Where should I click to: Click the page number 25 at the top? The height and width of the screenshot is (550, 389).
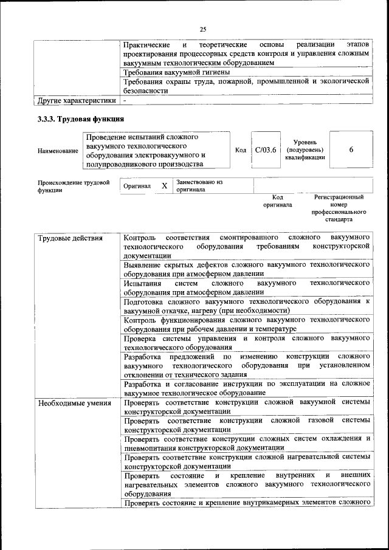(x=203, y=29)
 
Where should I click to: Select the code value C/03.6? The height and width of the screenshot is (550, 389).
(x=266, y=150)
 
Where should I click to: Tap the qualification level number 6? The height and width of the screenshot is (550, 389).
(x=351, y=150)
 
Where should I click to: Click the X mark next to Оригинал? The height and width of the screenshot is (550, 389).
(x=164, y=185)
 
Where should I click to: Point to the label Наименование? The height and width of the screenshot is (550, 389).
(x=58, y=150)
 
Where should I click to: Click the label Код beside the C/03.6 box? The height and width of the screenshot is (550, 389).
(x=240, y=150)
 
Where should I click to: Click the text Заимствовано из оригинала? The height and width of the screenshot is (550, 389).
(x=199, y=185)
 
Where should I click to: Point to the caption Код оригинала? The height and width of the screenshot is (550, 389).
(x=278, y=201)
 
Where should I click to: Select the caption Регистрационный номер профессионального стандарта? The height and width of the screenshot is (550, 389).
(x=339, y=208)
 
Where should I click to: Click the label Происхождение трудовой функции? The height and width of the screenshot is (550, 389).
(x=74, y=185)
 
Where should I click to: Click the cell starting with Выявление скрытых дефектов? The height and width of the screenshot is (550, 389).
(x=246, y=269)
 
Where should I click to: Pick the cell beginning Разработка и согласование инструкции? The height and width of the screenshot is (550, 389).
(x=246, y=388)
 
